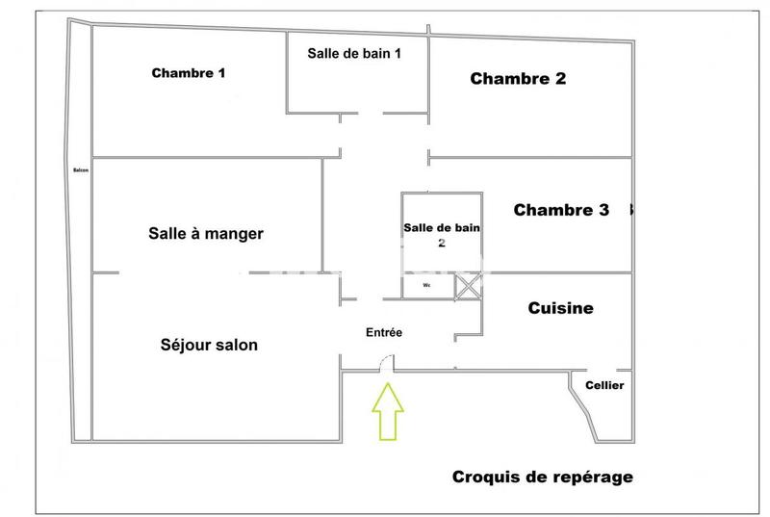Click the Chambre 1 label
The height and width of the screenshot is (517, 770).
click(189, 73)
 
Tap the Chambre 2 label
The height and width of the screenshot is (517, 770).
click(518, 79)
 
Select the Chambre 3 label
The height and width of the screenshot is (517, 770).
click(561, 210)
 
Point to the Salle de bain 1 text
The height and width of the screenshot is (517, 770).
click(354, 53)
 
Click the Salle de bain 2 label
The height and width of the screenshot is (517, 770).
click(442, 234)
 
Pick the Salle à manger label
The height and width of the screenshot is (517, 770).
click(206, 233)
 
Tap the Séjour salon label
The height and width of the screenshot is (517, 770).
click(209, 345)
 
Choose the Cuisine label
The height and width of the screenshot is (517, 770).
click(561, 308)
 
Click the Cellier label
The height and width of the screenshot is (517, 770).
click(604, 385)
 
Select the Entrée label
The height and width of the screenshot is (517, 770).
click(384, 332)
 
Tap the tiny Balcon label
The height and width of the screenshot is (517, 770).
click(81, 171)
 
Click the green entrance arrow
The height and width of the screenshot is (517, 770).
click(388, 411)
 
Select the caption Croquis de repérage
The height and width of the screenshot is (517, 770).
click(543, 477)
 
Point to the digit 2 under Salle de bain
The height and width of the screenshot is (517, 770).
click(442, 243)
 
